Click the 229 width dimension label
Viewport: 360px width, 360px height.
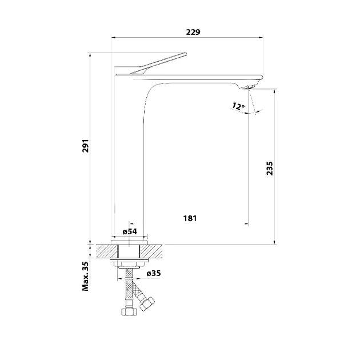[193, 32]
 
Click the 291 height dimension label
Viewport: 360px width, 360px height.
[85, 146]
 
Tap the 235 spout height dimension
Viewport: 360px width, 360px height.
[270, 169]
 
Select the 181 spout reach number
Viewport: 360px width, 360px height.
[190, 218]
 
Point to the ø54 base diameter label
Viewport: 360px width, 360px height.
[130, 231]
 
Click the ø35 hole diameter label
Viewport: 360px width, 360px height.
[154, 273]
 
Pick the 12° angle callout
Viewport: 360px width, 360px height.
[238, 106]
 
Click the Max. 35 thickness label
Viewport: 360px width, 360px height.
[85, 276]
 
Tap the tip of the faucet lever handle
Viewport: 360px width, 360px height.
[186, 54]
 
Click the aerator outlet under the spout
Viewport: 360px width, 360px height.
[249, 87]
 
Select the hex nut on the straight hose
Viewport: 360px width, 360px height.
[129, 311]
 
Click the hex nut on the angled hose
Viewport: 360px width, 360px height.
[147, 303]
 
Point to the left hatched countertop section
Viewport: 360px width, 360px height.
[107, 251]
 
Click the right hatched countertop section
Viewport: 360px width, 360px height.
[151, 251]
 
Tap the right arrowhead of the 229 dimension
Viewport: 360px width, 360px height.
[261, 37]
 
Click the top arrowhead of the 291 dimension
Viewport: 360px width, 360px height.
[90, 54]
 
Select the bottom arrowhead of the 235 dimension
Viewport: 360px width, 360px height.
[275, 242]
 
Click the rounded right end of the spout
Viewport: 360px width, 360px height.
[261, 77]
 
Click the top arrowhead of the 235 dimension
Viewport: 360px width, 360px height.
[275, 91]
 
